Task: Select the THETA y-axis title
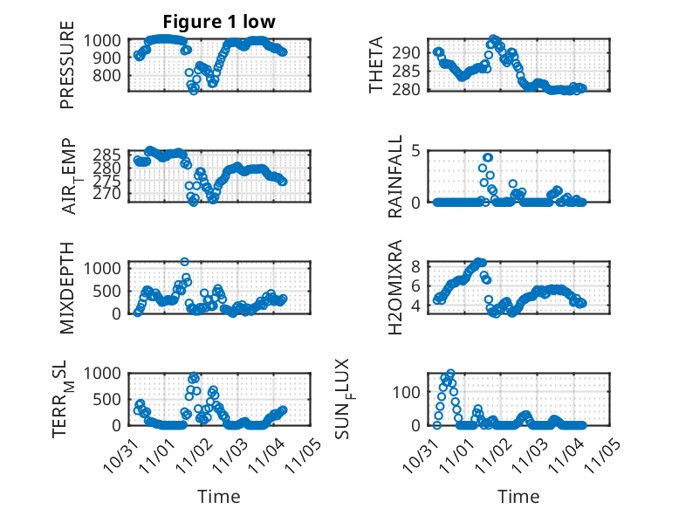tap(376, 65)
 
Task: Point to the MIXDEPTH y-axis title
tap(67, 287)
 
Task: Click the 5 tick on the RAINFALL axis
tap(416, 150)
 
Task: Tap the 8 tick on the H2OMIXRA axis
tap(416, 266)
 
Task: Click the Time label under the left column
tap(214, 496)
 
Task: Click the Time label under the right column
tap(519, 496)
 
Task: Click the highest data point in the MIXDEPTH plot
tap(184, 261)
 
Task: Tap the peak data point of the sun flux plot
tap(450, 374)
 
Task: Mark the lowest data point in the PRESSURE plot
tap(194, 91)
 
